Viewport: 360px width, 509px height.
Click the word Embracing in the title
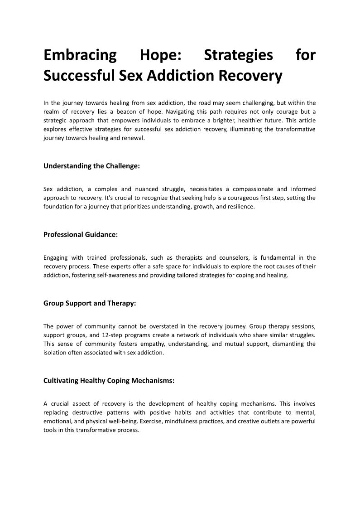point(80,55)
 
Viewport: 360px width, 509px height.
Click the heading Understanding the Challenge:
point(91,166)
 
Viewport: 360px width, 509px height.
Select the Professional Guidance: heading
point(81,234)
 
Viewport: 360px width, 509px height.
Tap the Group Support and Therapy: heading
point(90,303)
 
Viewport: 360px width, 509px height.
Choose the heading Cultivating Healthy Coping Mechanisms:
point(109,381)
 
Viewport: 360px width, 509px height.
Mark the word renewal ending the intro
point(134,138)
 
